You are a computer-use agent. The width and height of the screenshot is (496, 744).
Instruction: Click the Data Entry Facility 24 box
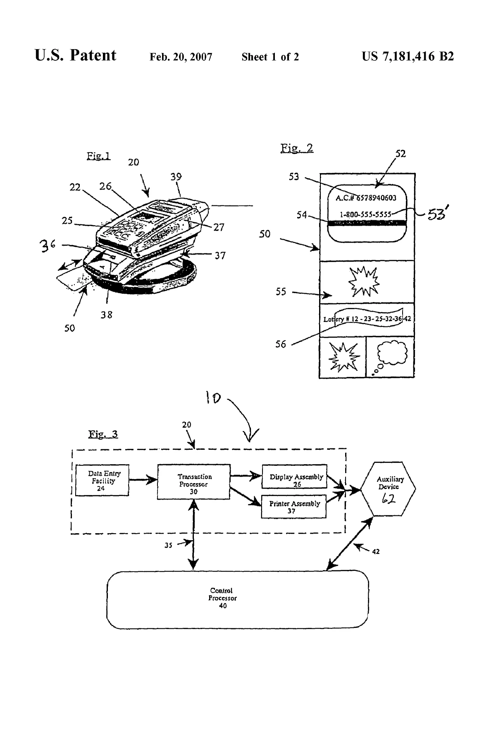(x=102, y=480)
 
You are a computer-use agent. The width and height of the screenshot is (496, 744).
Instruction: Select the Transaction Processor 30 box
(x=193, y=482)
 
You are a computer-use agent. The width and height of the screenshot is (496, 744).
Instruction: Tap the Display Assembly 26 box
(x=294, y=477)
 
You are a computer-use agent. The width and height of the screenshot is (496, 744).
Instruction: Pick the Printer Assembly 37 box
(x=294, y=506)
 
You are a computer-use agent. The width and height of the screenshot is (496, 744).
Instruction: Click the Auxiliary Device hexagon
(x=388, y=489)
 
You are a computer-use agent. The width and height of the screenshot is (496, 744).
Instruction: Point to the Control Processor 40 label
(x=222, y=598)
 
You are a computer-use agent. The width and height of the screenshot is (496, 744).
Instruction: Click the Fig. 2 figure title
(x=297, y=148)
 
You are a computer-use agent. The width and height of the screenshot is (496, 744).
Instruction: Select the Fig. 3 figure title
(x=103, y=434)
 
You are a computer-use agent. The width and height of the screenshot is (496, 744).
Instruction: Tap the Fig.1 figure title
(x=98, y=156)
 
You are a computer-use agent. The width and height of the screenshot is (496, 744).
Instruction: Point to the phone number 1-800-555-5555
(x=365, y=215)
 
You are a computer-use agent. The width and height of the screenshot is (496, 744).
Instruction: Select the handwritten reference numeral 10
(x=213, y=398)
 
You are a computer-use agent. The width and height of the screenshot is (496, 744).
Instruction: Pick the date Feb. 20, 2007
(x=181, y=57)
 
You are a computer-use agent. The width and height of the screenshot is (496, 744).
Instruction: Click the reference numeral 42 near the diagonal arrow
(x=376, y=551)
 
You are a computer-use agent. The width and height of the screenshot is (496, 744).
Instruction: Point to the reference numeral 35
(x=168, y=545)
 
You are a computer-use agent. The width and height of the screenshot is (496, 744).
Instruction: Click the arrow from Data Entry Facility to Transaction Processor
(x=143, y=480)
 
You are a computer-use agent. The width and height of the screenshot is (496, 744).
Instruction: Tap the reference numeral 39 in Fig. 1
(x=176, y=176)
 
